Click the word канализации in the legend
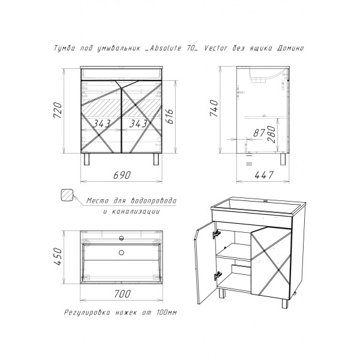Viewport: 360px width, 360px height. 130,212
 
